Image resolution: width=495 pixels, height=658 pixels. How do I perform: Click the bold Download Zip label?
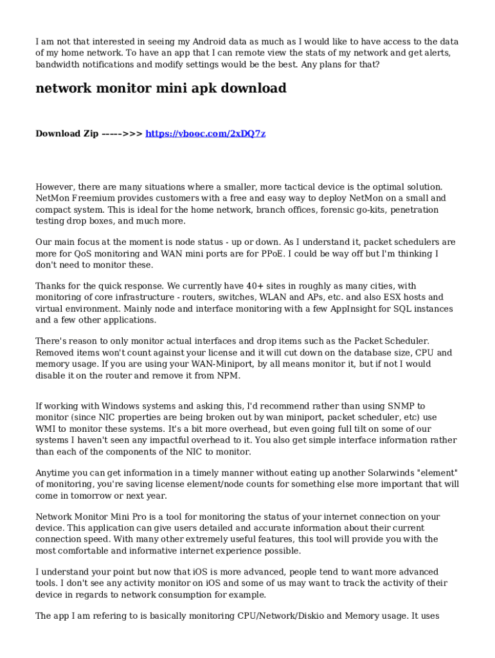[67, 134]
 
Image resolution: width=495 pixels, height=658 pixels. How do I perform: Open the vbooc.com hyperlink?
[206, 134]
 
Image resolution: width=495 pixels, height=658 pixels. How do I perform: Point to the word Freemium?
[97, 199]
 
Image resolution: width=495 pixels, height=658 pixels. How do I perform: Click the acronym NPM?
[229, 376]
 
